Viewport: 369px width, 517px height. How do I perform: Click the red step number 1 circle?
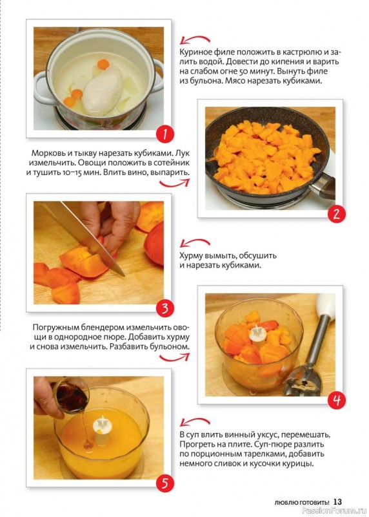165,134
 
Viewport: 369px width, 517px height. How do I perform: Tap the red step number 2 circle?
336,215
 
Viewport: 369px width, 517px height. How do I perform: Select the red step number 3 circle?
165,309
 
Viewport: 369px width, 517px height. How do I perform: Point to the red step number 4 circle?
336,401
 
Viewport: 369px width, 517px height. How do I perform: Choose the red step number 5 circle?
165,483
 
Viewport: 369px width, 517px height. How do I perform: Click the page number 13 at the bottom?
337,502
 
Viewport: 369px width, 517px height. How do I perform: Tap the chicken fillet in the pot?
103,89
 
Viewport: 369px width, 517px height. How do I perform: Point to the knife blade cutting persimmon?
83,236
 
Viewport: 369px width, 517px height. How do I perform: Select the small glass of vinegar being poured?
70,394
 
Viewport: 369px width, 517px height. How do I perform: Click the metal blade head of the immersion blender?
302,379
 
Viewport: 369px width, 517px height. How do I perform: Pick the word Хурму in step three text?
190,256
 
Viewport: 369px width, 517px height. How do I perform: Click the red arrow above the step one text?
195,39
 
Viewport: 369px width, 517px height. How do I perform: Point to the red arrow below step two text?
175,183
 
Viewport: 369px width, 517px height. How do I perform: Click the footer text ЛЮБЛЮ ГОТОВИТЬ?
301,503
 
